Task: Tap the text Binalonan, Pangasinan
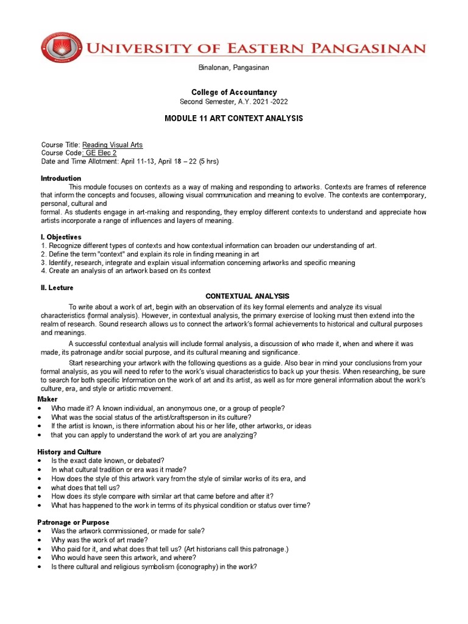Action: click(x=234, y=68)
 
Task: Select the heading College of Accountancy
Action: click(x=234, y=92)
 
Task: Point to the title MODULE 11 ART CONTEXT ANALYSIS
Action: click(x=234, y=118)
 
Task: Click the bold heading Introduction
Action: click(x=60, y=179)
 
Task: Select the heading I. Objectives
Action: click(x=61, y=237)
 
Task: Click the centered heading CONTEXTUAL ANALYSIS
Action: click(x=243, y=296)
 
